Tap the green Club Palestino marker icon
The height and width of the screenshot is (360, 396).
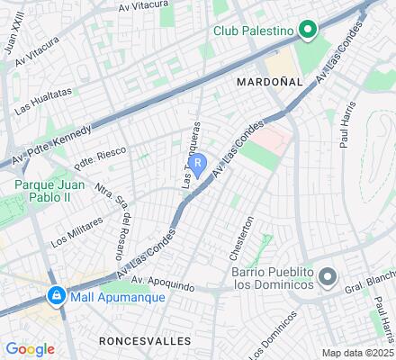[306, 32]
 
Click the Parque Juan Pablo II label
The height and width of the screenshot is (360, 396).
[50, 192]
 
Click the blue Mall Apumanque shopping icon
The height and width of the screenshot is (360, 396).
[56, 294]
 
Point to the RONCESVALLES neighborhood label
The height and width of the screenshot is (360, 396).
[146, 341]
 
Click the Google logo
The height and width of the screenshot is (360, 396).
[30, 349]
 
